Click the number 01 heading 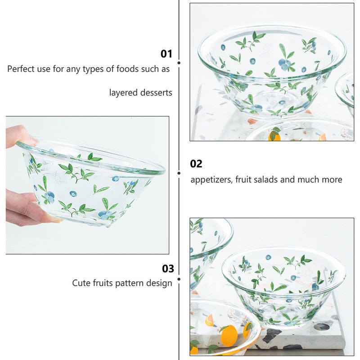166,54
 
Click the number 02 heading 196,164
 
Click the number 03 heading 168,269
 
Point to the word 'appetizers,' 211,180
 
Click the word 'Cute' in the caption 81,283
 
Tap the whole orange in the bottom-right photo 229,335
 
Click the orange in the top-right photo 275,136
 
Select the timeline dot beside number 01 179,63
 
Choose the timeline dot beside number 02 179,173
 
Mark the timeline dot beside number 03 179,279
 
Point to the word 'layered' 123,93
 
